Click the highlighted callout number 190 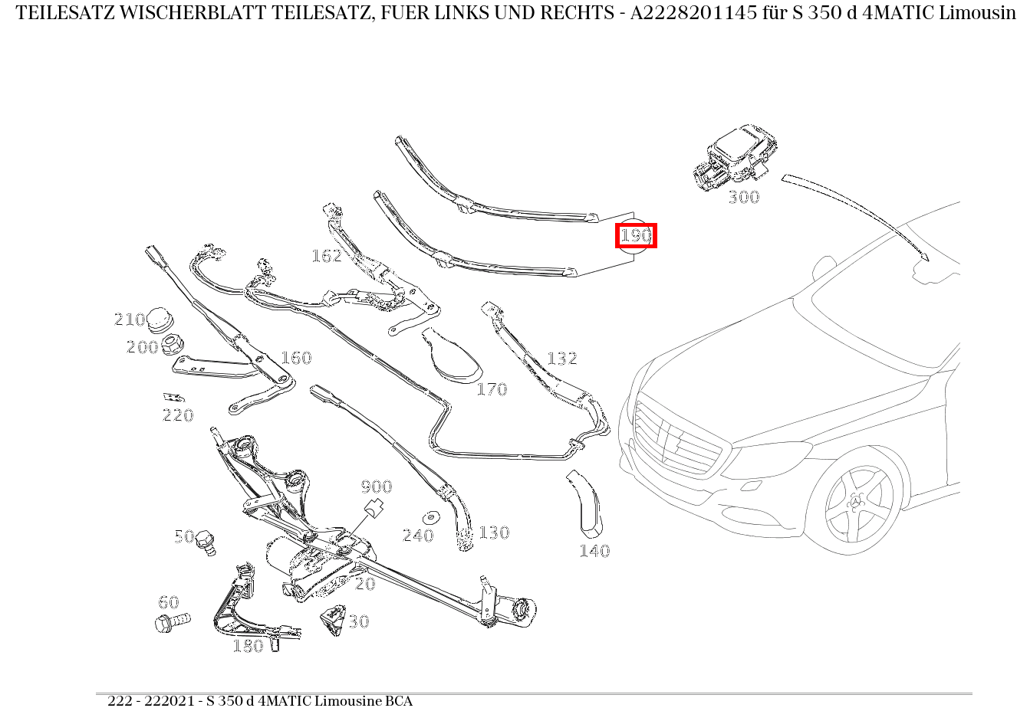pos(636,235)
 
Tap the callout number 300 pos(743,198)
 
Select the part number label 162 pos(327,256)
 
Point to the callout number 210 pos(129,320)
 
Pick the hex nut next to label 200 pos(172,346)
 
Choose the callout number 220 pos(178,415)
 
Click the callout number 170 pos(492,389)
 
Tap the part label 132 pos(561,359)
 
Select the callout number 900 pos(376,487)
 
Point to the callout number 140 pos(594,551)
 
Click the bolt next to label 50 pos(206,542)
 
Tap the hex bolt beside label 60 pos(172,621)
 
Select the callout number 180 pos(248,647)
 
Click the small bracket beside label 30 pos(334,619)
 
